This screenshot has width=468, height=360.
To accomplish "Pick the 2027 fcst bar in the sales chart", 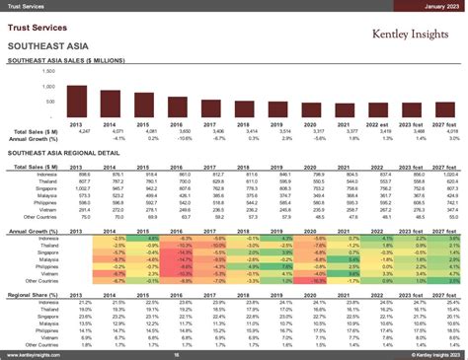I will point(450,111).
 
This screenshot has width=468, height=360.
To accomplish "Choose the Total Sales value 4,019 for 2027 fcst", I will point(450,131).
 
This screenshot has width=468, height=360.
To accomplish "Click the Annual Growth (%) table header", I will point(34,231).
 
